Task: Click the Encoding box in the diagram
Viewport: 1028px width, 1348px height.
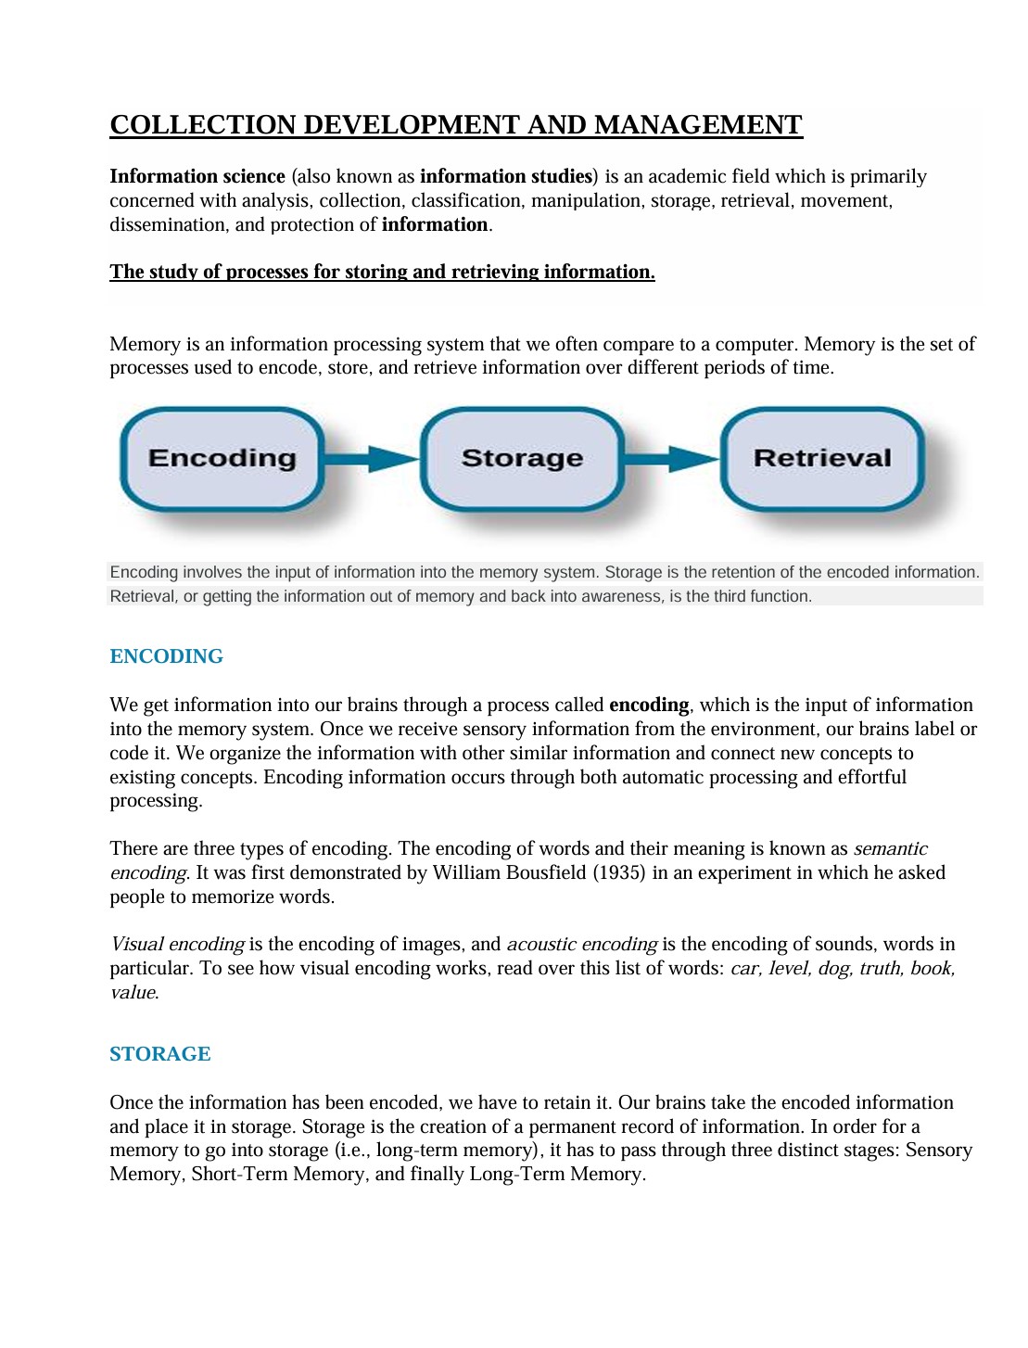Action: [222, 459]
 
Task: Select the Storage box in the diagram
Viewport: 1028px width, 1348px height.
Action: [522, 459]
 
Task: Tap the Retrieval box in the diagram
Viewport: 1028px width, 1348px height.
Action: [822, 459]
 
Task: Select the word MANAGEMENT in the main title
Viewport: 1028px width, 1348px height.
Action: [698, 125]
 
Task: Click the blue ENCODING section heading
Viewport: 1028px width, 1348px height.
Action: [167, 656]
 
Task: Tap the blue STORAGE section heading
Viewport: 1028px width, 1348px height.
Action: [160, 1054]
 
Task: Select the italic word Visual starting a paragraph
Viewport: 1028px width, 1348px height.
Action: [137, 945]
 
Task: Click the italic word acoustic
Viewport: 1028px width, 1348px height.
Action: [542, 945]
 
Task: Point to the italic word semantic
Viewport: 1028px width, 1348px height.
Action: [890, 849]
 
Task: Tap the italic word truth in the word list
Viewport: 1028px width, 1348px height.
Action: [880, 969]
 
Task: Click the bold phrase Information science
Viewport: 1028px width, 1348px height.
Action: [197, 177]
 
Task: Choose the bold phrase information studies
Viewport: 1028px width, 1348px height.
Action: [506, 177]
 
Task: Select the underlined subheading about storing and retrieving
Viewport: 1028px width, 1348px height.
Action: [382, 273]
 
